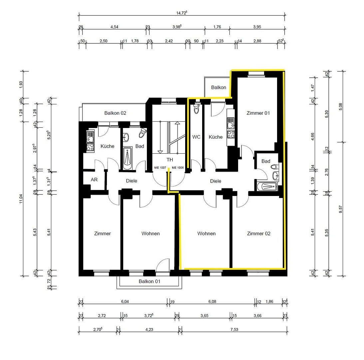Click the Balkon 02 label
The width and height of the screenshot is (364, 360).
coord(115,113)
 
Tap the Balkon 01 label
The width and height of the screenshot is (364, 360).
coord(150,281)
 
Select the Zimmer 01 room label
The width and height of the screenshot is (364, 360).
coord(258,113)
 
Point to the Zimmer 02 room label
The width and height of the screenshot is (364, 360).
coord(258,233)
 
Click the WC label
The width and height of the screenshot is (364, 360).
coord(196,137)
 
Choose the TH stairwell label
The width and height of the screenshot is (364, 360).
coord(170,160)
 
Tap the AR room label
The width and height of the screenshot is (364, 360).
coord(94,179)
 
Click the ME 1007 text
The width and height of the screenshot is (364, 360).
coord(160,167)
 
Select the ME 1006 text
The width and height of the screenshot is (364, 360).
coord(178,167)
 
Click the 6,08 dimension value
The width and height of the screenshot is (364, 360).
coord(212,302)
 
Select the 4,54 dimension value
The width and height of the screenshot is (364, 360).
coord(114,27)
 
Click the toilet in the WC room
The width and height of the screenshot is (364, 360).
coord(196,109)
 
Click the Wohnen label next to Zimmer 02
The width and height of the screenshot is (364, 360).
coord(206,233)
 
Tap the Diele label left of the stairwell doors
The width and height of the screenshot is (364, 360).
coord(132,181)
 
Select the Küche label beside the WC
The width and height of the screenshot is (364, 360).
coord(215,137)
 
